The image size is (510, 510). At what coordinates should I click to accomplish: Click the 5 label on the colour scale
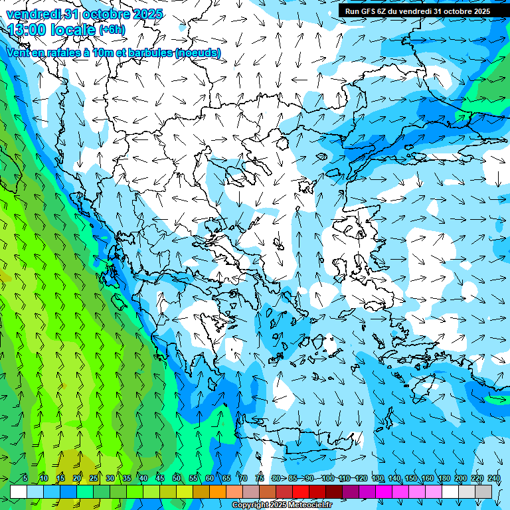tap(25, 478)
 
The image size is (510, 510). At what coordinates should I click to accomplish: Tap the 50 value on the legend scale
tap(177, 478)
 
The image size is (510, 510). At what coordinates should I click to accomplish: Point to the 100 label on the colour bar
tap(327, 478)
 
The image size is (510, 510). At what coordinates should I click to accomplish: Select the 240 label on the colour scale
tap(493, 478)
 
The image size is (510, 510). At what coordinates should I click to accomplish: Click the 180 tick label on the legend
tap(444, 478)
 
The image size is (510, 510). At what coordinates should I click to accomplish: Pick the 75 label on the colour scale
tap(260, 478)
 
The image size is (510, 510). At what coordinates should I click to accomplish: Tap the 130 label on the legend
tap(378, 478)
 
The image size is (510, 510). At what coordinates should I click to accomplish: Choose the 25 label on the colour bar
tap(94, 478)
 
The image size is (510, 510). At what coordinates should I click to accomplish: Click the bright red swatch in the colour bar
tap(301, 491)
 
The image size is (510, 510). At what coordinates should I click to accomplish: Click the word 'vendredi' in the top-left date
tap(32, 14)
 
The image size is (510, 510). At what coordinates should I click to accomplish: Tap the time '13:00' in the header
tap(26, 30)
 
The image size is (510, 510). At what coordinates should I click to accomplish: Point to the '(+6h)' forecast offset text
tap(111, 30)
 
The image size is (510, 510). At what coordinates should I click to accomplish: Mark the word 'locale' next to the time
tap(74, 30)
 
